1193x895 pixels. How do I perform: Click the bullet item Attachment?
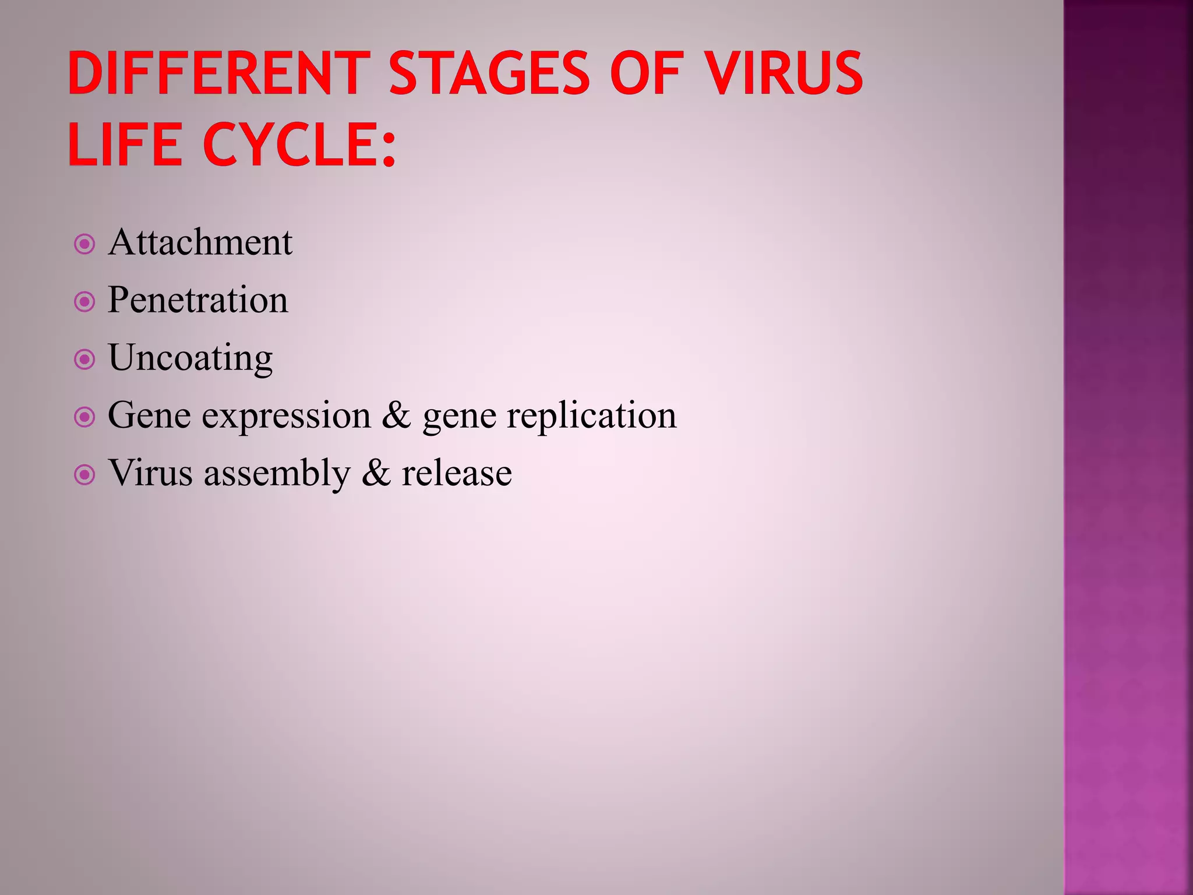(200, 242)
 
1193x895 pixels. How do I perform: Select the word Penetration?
(197, 300)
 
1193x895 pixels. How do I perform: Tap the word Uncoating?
(190, 358)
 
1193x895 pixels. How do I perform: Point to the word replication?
(591, 416)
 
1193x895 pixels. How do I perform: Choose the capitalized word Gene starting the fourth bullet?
(149, 416)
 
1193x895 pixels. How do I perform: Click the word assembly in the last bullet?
(277, 473)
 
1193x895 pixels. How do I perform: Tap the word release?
(457, 473)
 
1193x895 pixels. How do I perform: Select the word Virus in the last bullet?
(150, 473)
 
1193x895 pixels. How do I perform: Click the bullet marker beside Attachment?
(85, 244)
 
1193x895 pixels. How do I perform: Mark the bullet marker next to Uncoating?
(85, 360)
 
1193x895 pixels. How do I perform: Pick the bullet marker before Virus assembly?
(85, 475)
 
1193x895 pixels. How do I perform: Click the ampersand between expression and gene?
(397, 416)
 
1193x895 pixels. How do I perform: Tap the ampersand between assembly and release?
(376, 473)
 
